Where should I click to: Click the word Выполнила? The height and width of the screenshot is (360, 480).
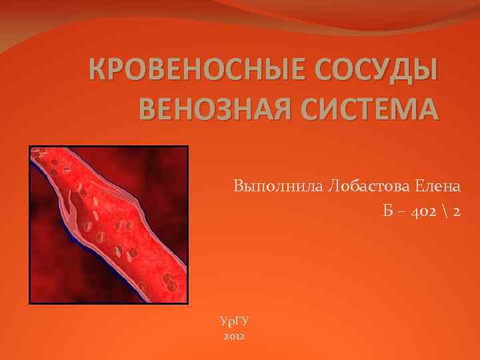(x=275, y=185)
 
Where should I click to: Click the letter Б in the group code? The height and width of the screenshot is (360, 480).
(x=388, y=212)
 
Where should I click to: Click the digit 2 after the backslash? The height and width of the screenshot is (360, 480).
(x=457, y=212)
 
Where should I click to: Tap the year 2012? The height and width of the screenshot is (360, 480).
(x=234, y=337)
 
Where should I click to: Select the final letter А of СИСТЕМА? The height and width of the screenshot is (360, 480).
(x=430, y=108)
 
